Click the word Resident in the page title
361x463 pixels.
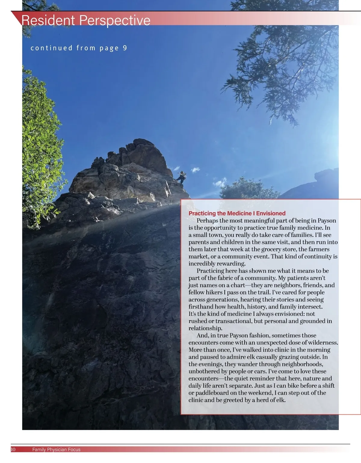coord(48,20)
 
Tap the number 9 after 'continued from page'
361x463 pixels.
coord(125,48)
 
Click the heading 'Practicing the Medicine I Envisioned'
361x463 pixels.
coord(237,213)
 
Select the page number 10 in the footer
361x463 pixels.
coord(13,449)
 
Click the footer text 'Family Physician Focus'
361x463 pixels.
coord(56,450)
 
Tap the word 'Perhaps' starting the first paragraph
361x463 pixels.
coord(207,221)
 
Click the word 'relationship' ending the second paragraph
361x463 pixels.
coord(205,328)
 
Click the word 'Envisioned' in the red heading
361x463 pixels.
coord(271,213)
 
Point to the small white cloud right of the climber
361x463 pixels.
coord(196,170)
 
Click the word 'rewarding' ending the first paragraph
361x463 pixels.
coord(231,264)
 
